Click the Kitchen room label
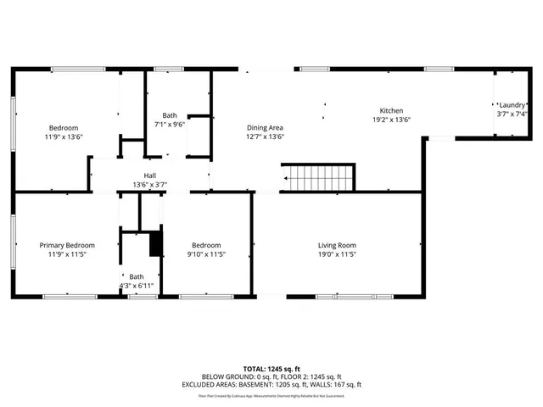pyautogui.click(x=391, y=111)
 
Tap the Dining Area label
pyautogui.click(x=265, y=127)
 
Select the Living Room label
pyautogui.click(x=336, y=244)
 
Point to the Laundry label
pyautogui.click(x=512, y=103)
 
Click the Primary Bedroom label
pyautogui.click(x=68, y=244)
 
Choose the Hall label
pyautogui.click(x=149, y=176)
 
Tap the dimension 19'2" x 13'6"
pyautogui.click(x=391, y=120)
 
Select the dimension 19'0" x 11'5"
pyautogui.click(x=336, y=254)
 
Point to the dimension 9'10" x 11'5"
pyautogui.click(x=206, y=254)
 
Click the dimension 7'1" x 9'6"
pyautogui.click(x=170, y=125)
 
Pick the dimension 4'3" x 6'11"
pyautogui.click(x=137, y=286)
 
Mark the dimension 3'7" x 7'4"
pyautogui.click(x=512, y=114)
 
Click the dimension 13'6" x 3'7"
pyautogui.click(x=149, y=185)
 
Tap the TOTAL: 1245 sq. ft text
pyautogui.click(x=271, y=369)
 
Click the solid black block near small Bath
pyautogui.click(x=155, y=244)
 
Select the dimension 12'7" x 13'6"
pyautogui.click(x=265, y=137)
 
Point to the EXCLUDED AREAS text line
pyautogui.click(x=271, y=385)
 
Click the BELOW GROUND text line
pyautogui.click(x=271, y=376)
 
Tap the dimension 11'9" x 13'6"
pyautogui.click(x=64, y=137)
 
